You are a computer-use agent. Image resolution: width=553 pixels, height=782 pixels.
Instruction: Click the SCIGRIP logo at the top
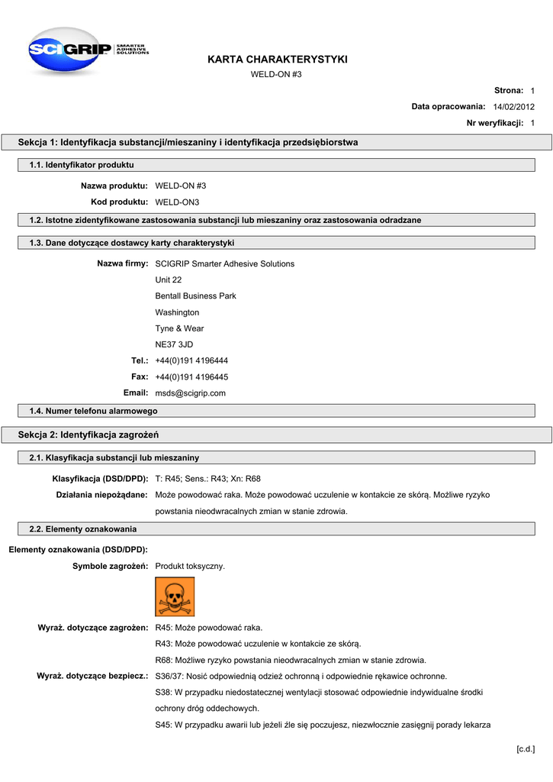tap(87, 50)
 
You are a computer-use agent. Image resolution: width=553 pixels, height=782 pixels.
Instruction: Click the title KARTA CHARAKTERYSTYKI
tap(277, 60)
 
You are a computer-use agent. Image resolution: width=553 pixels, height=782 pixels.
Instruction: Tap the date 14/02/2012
tap(513, 107)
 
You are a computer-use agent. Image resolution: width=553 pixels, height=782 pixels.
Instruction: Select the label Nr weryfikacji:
tap(494, 123)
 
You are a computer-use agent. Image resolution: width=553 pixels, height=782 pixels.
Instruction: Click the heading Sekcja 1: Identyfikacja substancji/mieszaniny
tap(188, 142)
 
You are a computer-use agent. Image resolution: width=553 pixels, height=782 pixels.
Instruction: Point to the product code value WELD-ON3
tap(177, 202)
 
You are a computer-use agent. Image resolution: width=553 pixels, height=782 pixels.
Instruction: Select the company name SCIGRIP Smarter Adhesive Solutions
tap(224, 263)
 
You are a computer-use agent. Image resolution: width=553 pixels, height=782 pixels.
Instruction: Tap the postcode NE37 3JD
tap(174, 344)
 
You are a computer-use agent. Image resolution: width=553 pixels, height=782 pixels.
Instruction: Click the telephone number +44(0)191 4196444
tap(191, 360)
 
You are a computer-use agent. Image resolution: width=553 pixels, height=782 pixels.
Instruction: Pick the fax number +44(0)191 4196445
tap(191, 376)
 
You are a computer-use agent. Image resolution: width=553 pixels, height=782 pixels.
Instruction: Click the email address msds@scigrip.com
tap(191, 393)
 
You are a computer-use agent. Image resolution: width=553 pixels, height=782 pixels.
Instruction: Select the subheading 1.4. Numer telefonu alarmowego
tap(93, 411)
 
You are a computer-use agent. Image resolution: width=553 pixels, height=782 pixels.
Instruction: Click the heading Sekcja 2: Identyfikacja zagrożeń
tap(88, 435)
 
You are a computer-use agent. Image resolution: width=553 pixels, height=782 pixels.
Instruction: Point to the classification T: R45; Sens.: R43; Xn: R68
tap(207, 479)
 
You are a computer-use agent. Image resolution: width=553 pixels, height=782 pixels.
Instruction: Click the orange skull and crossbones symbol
tap(175, 596)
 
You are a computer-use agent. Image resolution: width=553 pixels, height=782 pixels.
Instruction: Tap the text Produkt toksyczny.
tap(190, 566)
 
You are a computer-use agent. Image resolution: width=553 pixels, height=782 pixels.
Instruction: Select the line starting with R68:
tap(291, 660)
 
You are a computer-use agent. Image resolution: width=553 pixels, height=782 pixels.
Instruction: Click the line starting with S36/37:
tap(301, 676)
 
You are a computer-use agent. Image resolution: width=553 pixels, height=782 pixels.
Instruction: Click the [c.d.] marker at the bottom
tap(526, 748)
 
